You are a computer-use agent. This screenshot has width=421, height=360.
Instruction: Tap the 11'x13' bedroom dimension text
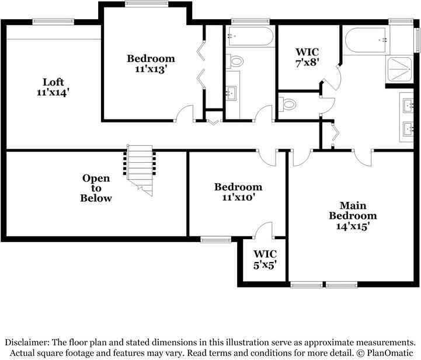coord(151,68)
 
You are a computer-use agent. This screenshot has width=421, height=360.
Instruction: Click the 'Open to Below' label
coord(96,188)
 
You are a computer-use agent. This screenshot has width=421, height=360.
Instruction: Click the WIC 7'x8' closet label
coord(307,57)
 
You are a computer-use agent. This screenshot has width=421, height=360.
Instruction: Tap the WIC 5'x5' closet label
coord(264,258)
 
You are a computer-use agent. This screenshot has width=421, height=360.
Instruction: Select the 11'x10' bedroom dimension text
coord(238,197)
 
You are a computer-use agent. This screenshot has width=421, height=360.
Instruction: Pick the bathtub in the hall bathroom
coord(250,36)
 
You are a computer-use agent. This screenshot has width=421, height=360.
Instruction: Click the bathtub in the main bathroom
coord(366,41)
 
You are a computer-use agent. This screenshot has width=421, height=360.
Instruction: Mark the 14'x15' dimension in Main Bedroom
coord(352,225)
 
